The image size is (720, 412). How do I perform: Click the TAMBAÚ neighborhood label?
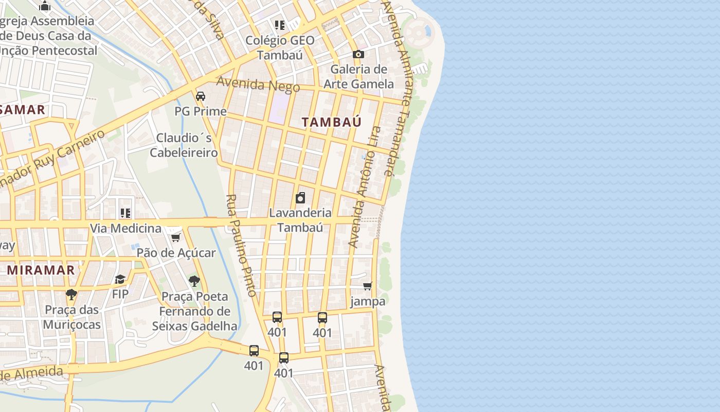(331, 122)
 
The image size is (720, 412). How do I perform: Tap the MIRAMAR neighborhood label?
(41, 270)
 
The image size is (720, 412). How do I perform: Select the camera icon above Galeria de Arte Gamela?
(358, 54)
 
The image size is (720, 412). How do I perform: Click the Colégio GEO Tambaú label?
(280, 47)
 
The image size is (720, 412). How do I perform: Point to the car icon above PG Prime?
(201, 96)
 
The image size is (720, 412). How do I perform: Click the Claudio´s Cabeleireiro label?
(184, 145)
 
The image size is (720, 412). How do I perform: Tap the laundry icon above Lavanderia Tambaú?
(300, 198)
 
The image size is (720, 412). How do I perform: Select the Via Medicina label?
(125, 228)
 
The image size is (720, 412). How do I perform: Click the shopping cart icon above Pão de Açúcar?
(176, 237)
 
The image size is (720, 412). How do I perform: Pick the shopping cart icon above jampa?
(368, 286)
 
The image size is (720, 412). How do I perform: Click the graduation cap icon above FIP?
(120, 279)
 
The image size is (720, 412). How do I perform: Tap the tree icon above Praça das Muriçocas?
(71, 295)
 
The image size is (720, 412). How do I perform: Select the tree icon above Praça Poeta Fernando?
(194, 281)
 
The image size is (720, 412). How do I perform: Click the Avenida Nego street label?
(258, 84)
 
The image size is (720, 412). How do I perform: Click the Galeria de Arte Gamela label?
(358, 76)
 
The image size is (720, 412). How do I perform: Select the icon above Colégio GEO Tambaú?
(280, 25)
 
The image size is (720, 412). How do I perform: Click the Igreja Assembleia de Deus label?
(47, 36)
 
